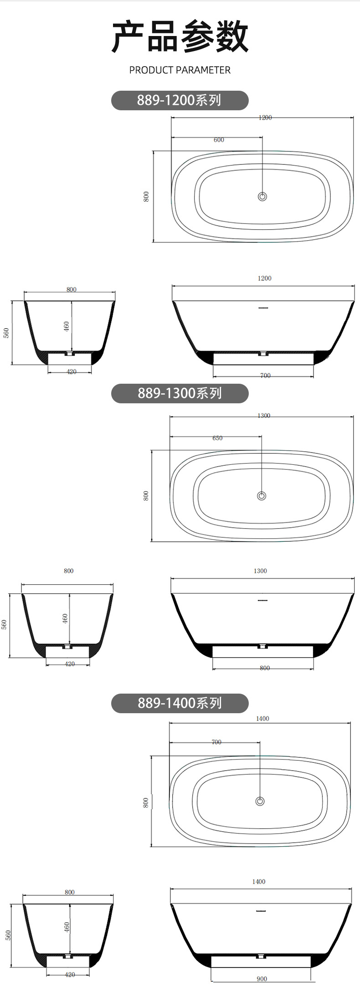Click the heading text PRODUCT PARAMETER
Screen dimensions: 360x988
tap(180, 70)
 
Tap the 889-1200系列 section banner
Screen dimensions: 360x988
tap(180, 100)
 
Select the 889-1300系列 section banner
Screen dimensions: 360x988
tap(180, 393)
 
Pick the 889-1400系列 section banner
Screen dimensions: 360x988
tap(180, 703)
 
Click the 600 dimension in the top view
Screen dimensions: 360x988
tap(219, 140)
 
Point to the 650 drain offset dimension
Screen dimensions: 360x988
tap(217, 438)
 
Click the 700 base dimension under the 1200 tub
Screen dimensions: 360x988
tap(265, 376)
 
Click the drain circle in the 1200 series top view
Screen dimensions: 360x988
tap(262, 196)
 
